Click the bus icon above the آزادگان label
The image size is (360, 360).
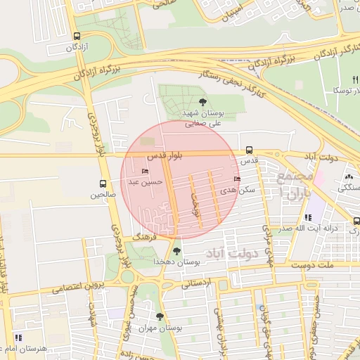[x=76, y=36]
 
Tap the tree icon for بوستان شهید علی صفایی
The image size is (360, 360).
[x=203, y=102]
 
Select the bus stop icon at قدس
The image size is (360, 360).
[x=250, y=150]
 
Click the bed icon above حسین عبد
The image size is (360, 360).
[x=146, y=171]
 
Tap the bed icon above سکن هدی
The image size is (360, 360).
[x=246, y=179]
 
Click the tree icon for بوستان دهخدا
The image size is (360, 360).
[x=176, y=250]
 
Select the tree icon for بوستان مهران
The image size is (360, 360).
[x=160, y=316]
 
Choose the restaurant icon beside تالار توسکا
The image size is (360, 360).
[x=355, y=79]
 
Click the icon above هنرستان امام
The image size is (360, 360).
[x=18, y=338]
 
